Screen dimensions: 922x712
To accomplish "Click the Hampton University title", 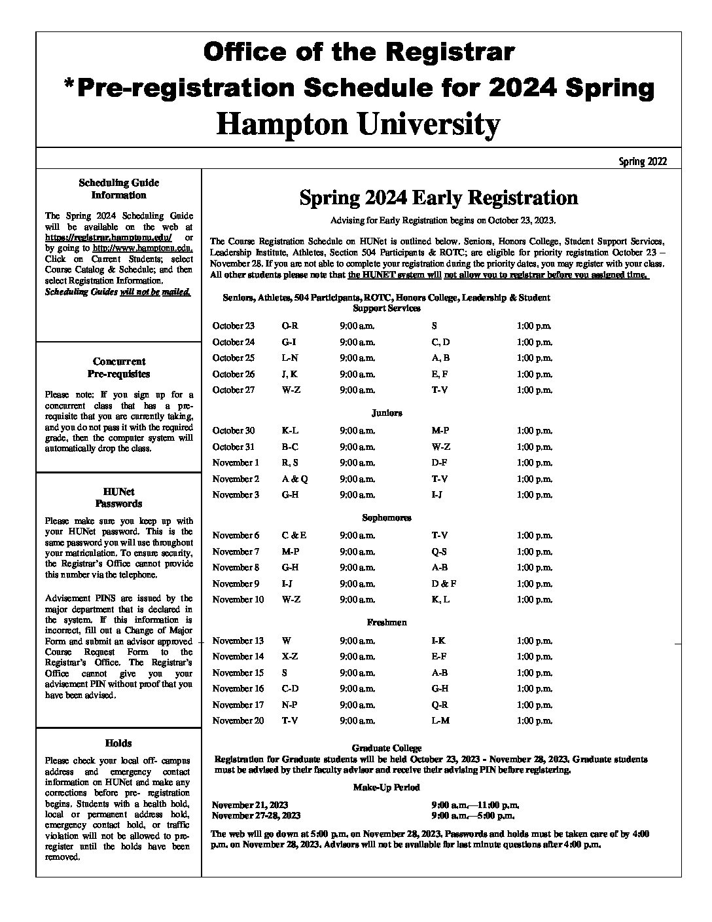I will (x=358, y=124).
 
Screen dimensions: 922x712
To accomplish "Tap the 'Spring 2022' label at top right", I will (x=643, y=161).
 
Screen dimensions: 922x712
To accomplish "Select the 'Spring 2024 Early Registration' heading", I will (x=438, y=198).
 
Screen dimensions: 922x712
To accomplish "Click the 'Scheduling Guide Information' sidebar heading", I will (x=118, y=189).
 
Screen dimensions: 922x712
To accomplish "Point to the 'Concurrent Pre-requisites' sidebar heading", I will (x=118, y=367).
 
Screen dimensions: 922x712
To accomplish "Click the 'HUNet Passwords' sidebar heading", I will (x=118, y=498).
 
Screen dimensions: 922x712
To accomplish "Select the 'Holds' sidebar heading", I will (x=118, y=743).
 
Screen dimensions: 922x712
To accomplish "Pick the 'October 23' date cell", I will (x=234, y=325).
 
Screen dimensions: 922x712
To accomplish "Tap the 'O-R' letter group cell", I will (x=290, y=325).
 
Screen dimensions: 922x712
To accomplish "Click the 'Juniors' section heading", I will (x=387, y=413).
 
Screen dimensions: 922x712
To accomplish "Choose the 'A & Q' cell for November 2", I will (x=294, y=479).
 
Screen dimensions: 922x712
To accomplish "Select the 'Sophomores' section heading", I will (x=387, y=518).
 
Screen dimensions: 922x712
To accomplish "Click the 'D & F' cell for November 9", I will (x=444, y=583).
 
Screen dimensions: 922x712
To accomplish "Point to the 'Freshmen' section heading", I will (x=387, y=623).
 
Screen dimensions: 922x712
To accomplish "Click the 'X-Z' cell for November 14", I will (x=290, y=657).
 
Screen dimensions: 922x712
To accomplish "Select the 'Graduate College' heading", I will (x=387, y=748).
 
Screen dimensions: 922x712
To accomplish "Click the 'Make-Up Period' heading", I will (x=387, y=787).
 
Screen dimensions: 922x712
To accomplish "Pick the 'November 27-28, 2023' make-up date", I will (x=257, y=815).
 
